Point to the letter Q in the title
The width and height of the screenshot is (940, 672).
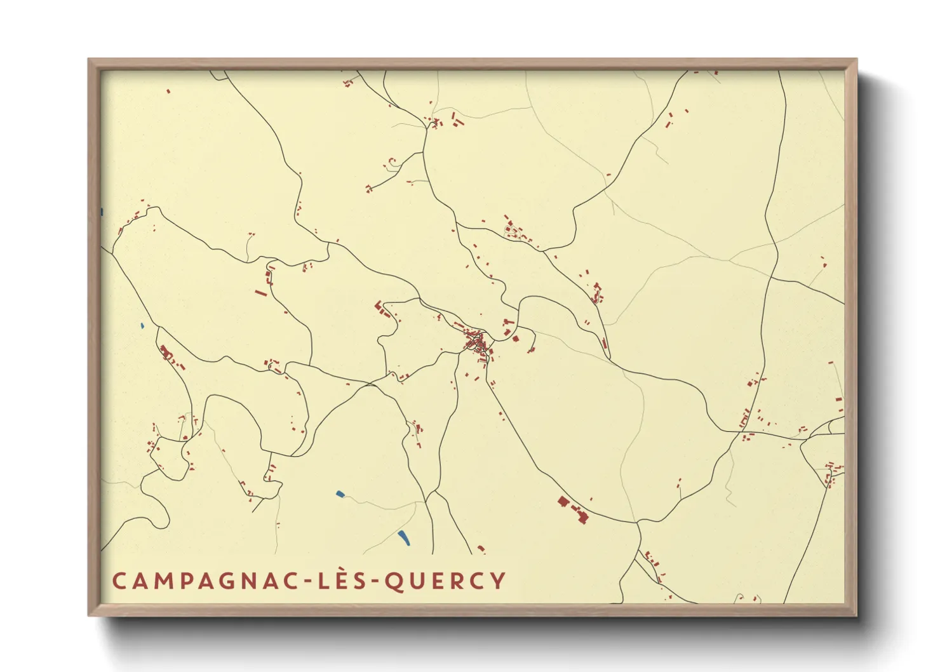click(395, 581)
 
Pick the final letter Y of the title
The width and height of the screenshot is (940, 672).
click(499, 581)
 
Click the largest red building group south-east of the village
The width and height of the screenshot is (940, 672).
click(573, 509)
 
